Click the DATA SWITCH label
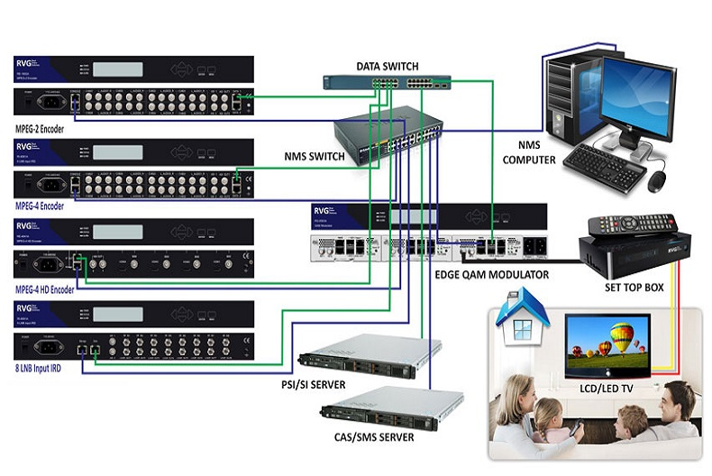[379, 67]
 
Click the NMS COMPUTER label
[546, 150]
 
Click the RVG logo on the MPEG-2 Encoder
[24, 62]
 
